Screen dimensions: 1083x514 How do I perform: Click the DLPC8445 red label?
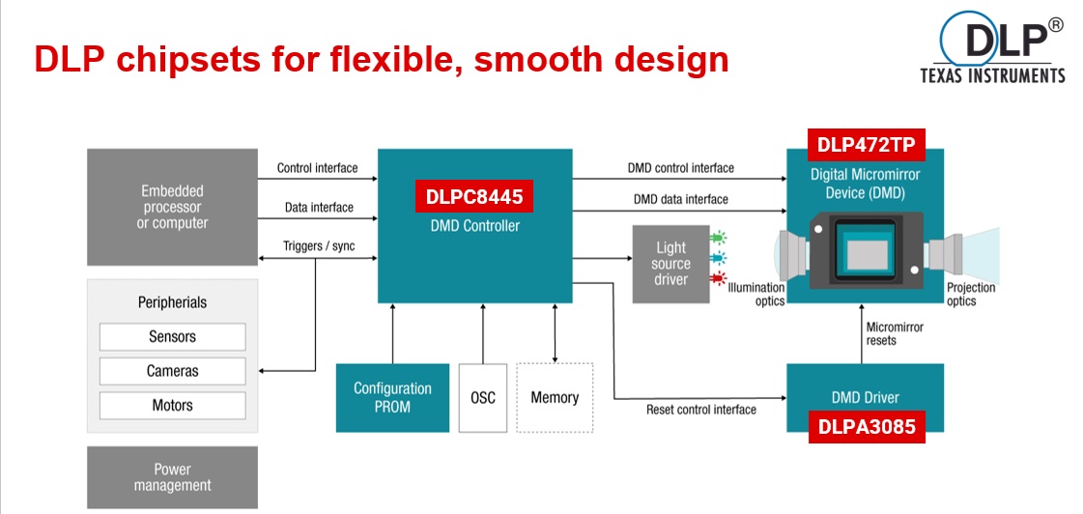pos(474,196)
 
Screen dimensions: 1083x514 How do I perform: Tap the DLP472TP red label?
pos(866,145)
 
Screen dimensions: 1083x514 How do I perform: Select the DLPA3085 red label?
pos(867,427)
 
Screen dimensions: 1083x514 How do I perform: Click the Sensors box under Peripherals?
pos(173,337)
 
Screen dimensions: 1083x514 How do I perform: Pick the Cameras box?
pos(173,371)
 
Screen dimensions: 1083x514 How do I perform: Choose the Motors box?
pos(173,406)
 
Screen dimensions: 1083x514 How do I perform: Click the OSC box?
pos(483,398)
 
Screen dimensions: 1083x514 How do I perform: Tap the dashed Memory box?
pos(555,398)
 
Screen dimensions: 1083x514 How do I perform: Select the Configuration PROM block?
pos(392,398)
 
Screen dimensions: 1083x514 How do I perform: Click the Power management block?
pos(173,477)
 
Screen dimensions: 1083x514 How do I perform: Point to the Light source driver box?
pos(670,264)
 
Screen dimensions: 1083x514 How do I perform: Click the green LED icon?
pos(719,239)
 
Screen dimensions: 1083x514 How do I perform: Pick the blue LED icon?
pos(719,259)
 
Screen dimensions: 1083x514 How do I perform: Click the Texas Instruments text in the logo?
pos(992,76)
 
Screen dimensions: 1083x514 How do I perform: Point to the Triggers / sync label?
pos(319,246)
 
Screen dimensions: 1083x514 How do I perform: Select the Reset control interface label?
pos(701,410)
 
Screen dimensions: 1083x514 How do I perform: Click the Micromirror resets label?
pos(895,333)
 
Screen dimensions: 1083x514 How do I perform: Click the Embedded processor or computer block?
pos(173,208)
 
